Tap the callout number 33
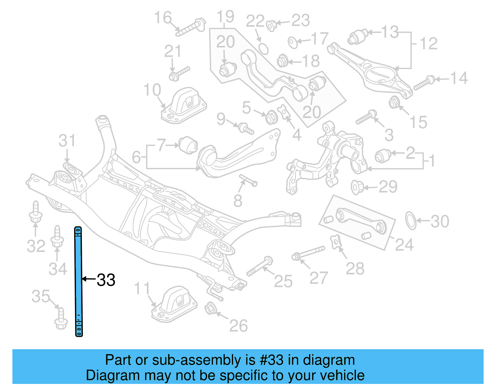106,280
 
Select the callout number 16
163,18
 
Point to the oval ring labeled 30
411,221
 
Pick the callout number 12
428,43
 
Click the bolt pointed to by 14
424,83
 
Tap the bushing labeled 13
358,37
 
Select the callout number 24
404,245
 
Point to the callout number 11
142,289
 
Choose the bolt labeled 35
61,319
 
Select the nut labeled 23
271,25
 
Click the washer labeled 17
293,42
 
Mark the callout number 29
388,187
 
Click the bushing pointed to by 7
188,145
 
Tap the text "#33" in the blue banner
272,360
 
